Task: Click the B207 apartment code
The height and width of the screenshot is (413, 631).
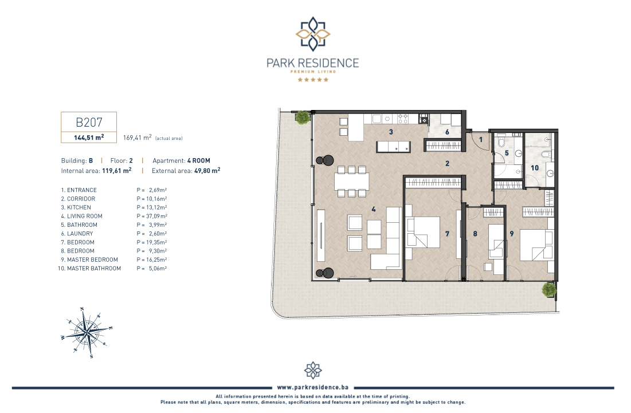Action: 89,122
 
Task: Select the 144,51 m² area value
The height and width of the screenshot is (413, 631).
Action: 89,137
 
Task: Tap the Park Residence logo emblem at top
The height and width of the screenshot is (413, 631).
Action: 313,34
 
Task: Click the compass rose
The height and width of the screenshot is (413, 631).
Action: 87,332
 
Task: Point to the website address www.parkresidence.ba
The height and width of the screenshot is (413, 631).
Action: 313,387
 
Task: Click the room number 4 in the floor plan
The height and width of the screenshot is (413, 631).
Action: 374,209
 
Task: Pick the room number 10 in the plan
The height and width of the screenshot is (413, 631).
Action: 534,168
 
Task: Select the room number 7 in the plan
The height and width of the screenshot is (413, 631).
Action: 447,234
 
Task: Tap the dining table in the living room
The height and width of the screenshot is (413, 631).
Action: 352,182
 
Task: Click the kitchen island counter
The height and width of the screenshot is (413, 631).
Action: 394,147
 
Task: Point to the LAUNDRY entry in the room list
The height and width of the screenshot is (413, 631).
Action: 80,234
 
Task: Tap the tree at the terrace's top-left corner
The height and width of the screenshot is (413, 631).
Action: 303,117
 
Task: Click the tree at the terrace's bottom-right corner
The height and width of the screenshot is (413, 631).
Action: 549,289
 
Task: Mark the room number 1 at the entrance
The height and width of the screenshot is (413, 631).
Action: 480,140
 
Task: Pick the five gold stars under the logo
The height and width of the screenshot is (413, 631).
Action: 313,80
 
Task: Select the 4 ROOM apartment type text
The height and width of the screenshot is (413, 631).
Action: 199,160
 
